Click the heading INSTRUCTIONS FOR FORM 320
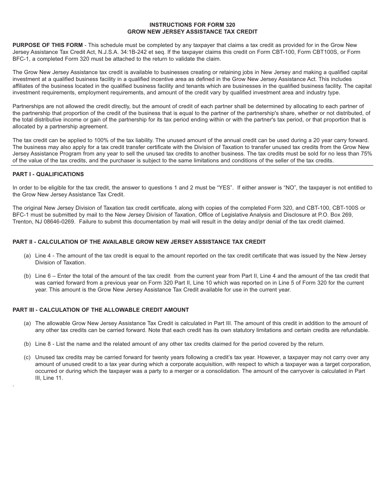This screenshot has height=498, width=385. [x=192, y=25]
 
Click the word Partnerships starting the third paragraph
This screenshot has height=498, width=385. [x=29, y=106]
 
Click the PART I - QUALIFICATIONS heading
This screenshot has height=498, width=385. [x=48, y=174]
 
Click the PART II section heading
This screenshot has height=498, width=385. [x=139, y=242]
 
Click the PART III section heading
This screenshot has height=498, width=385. [x=101, y=310]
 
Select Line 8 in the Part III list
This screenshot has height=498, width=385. [x=43, y=344]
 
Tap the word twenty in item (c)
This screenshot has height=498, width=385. [x=161, y=358]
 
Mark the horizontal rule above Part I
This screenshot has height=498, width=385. [x=192, y=166]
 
